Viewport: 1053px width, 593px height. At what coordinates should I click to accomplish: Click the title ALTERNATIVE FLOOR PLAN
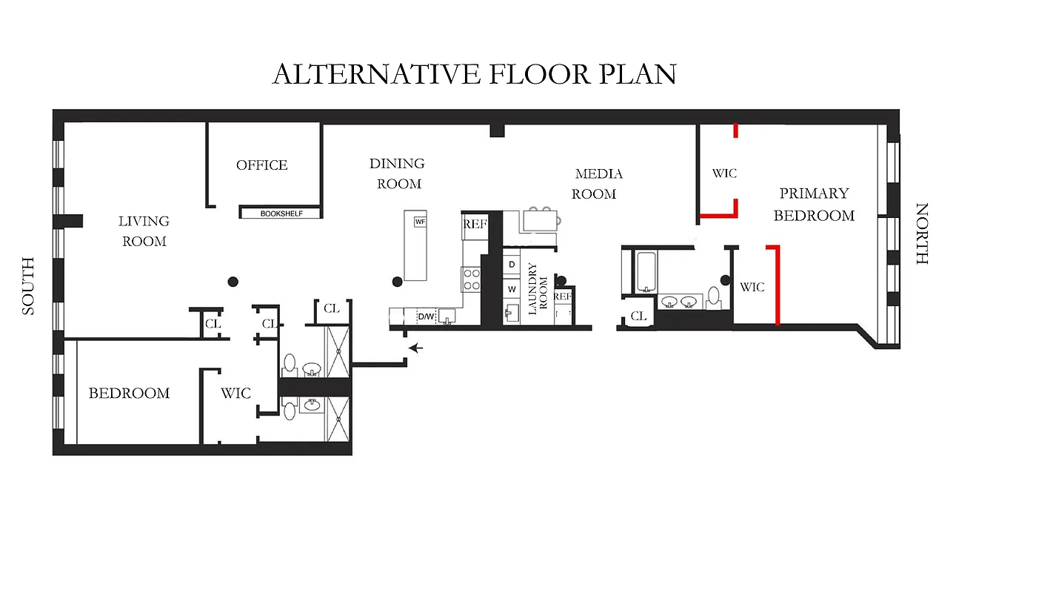pyautogui.click(x=474, y=74)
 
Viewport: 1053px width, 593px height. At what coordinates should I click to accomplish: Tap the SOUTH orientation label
pyautogui.click(x=28, y=286)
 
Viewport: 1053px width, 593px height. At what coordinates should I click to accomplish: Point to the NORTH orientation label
pyautogui.click(x=922, y=233)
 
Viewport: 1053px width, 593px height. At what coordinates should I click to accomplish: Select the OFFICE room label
pyautogui.click(x=261, y=165)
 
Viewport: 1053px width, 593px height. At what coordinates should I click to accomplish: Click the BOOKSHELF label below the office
pyautogui.click(x=281, y=213)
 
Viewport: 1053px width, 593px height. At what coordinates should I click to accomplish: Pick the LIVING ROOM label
pyautogui.click(x=144, y=231)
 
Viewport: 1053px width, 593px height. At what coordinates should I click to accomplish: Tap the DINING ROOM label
pyautogui.click(x=398, y=173)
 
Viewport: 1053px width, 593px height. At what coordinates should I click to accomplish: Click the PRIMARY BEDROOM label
pyautogui.click(x=814, y=204)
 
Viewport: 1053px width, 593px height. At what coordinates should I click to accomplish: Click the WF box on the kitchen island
pyautogui.click(x=420, y=222)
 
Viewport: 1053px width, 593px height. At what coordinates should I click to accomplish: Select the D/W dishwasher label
pyautogui.click(x=426, y=317)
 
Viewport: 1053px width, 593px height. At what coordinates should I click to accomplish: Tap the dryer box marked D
pyautogui.click(x=512, y=265)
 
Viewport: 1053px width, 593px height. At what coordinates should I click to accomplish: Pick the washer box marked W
pyautogui.click(x=512, y=289)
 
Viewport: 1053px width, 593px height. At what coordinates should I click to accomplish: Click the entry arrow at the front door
pyautogui.click(x=416, y=347)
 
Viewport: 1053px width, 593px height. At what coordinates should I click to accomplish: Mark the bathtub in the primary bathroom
pyautogui.click(x=646, y=272)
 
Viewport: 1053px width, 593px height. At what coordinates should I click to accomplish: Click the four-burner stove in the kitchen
pyautogui.click(x=472, y=279)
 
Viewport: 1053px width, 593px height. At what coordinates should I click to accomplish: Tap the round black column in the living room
pyautogui.click(x=233, y=282)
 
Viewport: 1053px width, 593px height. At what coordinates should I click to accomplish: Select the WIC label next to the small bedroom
pyautogui.click(x=235, y=394)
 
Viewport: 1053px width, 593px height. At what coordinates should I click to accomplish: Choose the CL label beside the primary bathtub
pyautogui.click(x=638, y=317)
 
